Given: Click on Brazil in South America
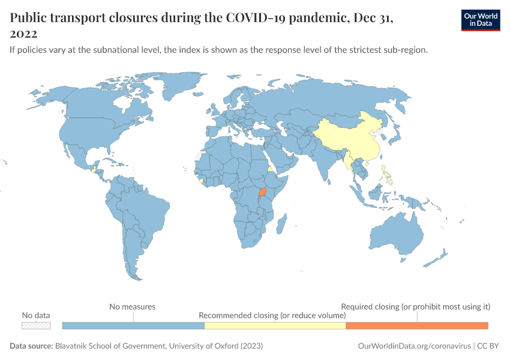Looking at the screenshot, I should [x=147, y=207].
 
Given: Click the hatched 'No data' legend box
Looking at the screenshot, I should [x=36, y=325].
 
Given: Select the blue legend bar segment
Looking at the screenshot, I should [x=133, y=325].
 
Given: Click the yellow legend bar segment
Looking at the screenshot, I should [x=275, y=325].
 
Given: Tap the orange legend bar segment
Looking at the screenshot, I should [x=417, y=325].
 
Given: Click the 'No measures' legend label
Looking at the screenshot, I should [x=132, y=307].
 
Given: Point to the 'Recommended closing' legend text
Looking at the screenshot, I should [x=272, y=315].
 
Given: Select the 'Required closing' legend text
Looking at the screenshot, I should [x=415, y=307].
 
